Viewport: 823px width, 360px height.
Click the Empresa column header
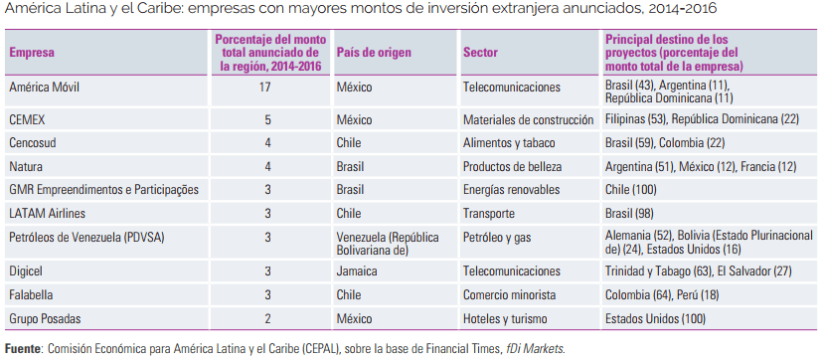click(32, 53)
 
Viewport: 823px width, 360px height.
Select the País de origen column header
click(374, 53)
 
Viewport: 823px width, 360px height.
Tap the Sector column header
click(480, 53)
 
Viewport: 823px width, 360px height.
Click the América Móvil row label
click(44, 87)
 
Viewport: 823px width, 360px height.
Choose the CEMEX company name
click(27, 119)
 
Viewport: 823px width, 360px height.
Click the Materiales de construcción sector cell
click(528, 119)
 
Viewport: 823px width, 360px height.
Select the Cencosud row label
click(33, 143)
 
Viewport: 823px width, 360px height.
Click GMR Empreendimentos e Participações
click(104, 189)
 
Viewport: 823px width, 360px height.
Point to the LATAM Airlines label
click(48, 213)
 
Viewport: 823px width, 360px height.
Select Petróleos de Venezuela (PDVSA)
click(86, 238)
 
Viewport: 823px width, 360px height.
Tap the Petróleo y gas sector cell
click(497, 238)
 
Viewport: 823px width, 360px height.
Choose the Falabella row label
click(31, 295)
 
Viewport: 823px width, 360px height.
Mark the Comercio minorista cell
click(509, 295)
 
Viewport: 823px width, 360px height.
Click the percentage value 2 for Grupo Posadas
click(267, 318)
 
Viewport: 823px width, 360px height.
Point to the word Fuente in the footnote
click(21, 348)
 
